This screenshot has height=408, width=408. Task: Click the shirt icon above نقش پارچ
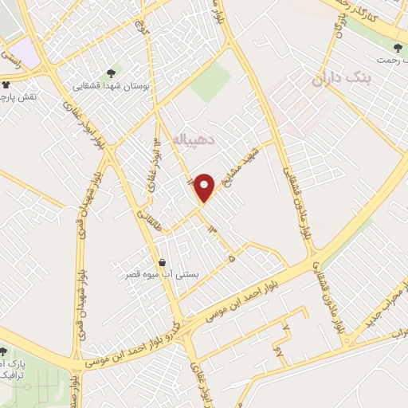[6, 83]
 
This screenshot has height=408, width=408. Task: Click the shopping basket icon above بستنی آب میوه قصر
[163, 262]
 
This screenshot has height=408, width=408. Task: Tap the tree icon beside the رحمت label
[398, 49]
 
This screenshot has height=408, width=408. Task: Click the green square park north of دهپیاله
[210, 82]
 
